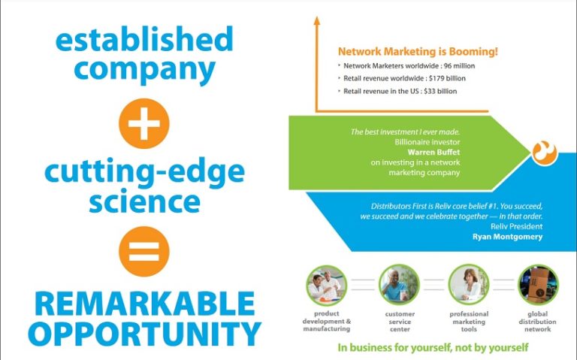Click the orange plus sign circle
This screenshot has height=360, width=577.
point(144,123)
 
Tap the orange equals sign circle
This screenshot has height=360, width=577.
point(144,252)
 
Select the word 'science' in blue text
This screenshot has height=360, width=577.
point(144,201)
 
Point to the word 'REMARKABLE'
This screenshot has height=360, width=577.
point(144,304)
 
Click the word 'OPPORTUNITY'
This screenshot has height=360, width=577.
point(144,334)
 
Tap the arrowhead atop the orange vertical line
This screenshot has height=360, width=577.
point(316,20)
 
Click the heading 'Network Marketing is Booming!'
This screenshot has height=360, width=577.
point(418,52)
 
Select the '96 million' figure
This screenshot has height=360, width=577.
point(459,66)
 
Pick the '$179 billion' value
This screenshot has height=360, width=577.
point(447,78)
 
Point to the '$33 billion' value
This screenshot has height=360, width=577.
point(440,91)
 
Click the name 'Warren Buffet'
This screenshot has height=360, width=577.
point(434,152)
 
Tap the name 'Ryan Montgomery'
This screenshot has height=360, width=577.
point(507,237)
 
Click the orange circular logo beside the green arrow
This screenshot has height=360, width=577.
point(545,152)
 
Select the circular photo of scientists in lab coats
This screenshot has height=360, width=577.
point(326,285)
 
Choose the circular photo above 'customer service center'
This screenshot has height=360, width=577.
point(399,285)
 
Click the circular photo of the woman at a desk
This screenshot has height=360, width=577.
point(469,285)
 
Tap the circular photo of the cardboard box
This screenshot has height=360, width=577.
point(538,285)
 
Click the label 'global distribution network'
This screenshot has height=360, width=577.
point(538,322)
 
